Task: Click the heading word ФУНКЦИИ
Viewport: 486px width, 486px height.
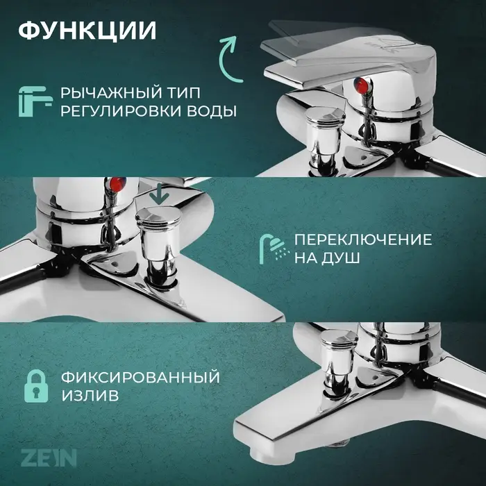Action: coord(86,31)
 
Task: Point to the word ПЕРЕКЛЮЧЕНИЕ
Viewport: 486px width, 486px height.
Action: coord(362,240)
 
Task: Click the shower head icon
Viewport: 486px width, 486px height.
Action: coord(273,248)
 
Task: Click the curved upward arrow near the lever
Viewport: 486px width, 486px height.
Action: coord(228,53)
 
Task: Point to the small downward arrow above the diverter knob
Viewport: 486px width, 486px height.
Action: coord(160,194)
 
